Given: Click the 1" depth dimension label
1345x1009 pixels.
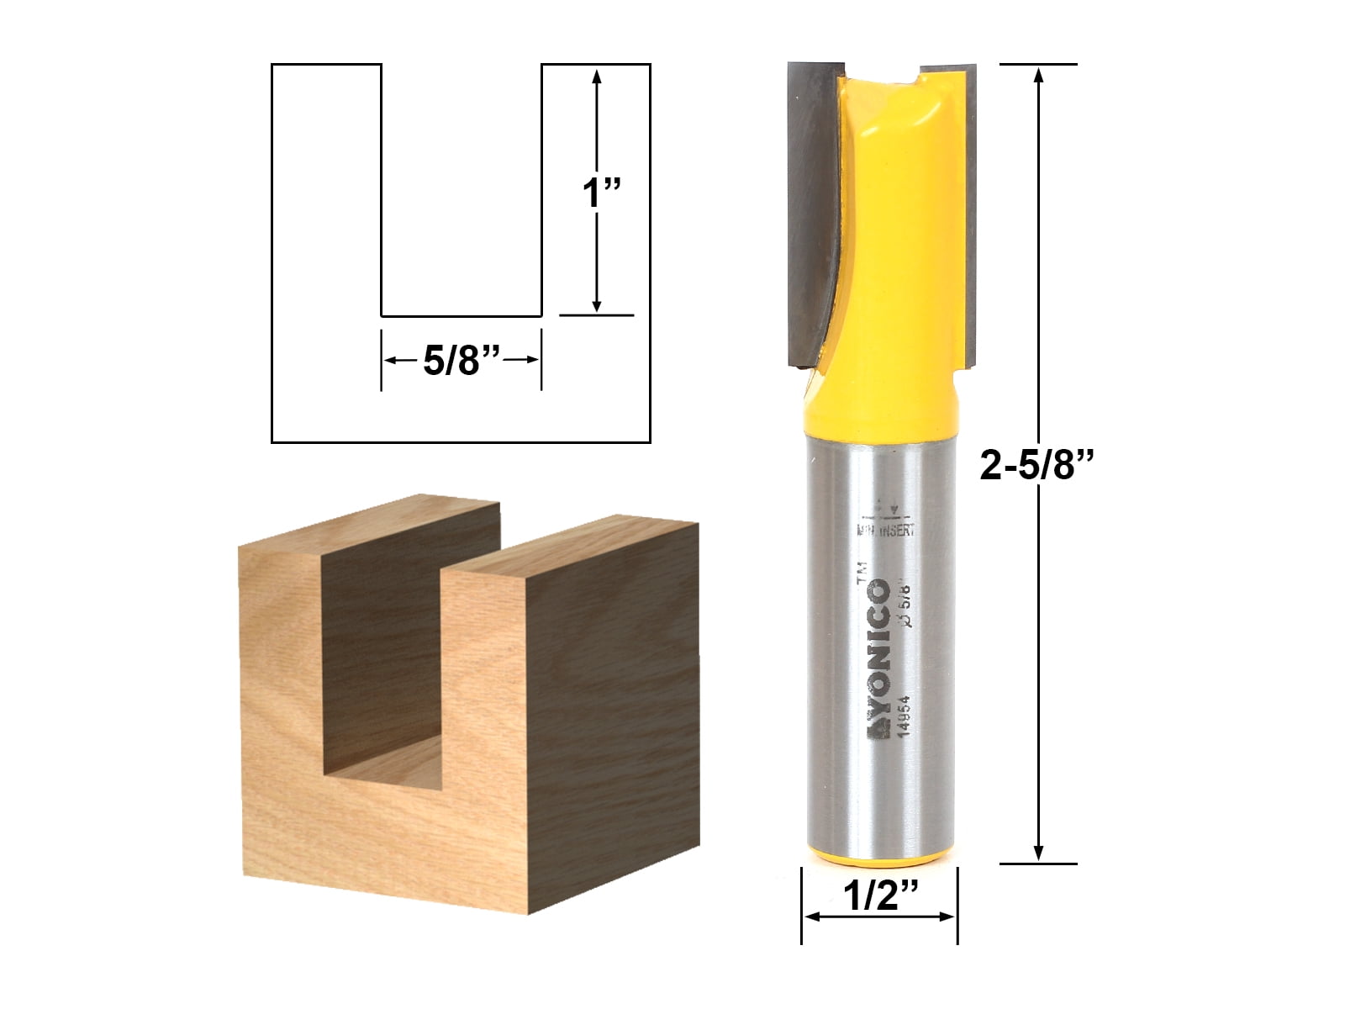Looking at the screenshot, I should point(601,193).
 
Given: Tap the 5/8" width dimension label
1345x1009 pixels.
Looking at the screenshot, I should point(462,361).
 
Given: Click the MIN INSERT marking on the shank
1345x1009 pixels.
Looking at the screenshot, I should point(885,530).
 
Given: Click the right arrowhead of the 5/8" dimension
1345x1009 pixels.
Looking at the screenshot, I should point(531,360).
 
